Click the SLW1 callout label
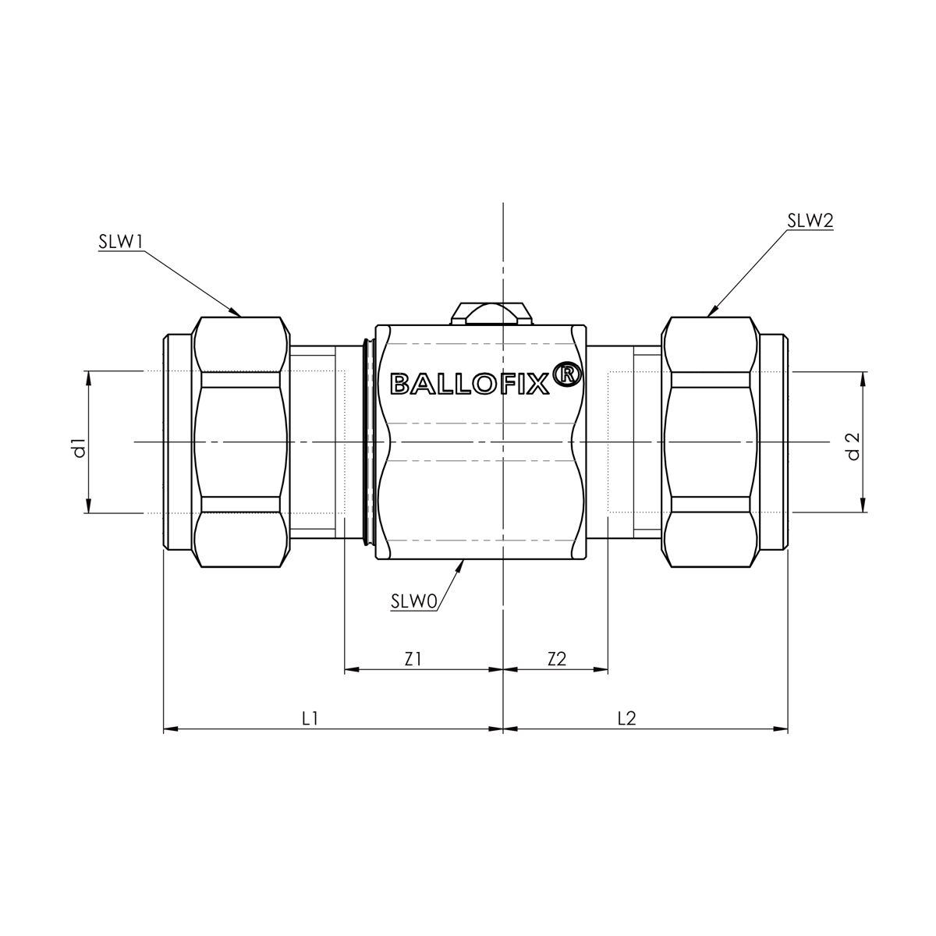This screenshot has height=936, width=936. coord(120,242)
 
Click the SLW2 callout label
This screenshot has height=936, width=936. coord(810,221)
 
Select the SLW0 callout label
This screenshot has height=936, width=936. coord(413,601)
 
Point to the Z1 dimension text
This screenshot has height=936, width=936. coord(413,658)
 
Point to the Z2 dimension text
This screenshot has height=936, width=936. coord(556,658)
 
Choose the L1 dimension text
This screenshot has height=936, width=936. coord(310,718)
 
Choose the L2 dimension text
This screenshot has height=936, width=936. coord(626,718)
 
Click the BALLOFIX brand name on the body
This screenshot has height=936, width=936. coord(470,383)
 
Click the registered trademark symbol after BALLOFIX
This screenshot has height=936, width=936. coord(567,374)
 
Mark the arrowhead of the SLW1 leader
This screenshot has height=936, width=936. coord(235,311)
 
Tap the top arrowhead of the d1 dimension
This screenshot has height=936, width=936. coord(88,378)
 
